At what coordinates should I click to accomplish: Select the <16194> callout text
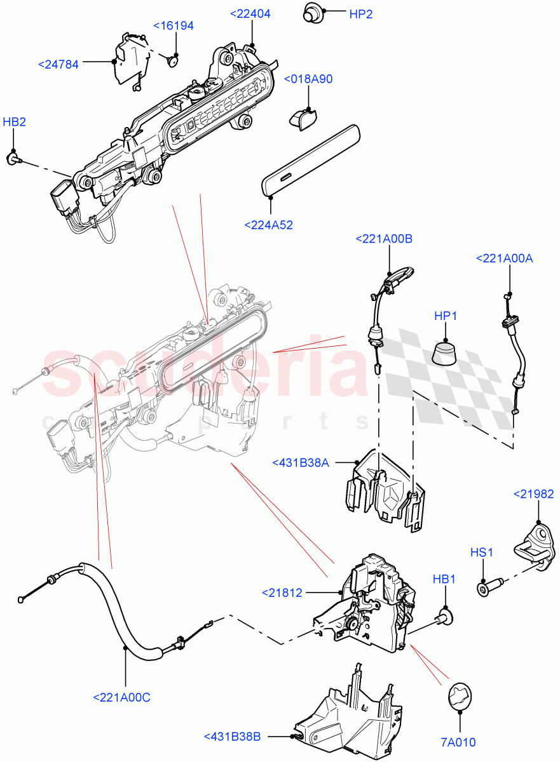(174, 26)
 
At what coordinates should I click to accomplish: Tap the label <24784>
(58, 65)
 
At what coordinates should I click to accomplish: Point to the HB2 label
(15, 122)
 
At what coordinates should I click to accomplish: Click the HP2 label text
(360, 14)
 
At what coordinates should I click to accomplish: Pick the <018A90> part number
(308, 79)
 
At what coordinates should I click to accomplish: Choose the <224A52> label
(268, 224)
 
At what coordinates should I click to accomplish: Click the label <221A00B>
(384, 239)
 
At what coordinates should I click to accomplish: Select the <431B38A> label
(301, 463)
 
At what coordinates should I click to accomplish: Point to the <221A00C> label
(122, 697)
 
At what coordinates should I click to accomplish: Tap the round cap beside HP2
(311, 11)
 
